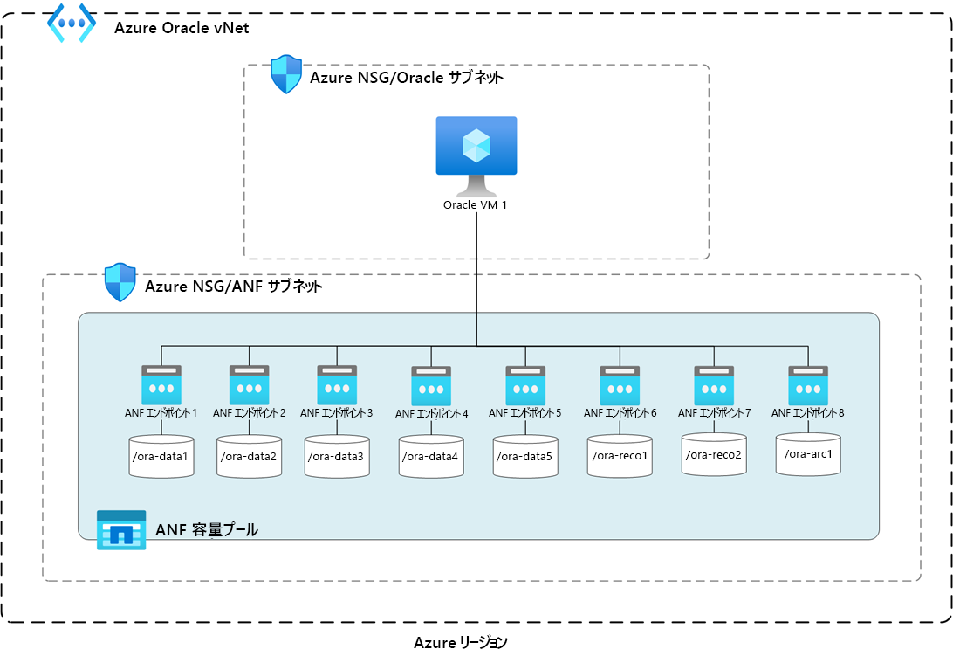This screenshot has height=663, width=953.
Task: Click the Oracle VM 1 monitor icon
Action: coord(476,155)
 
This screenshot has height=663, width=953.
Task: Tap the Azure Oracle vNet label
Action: coord(182,28)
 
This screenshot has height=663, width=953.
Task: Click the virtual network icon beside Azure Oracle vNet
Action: coord(72,23)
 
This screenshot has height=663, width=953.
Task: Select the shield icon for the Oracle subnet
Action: coord(286,74)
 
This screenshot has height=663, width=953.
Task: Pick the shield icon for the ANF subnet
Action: coord(120,282)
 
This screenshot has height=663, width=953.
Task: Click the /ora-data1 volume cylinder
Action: coord(161,456)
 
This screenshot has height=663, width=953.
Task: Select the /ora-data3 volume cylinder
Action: coord(337,456)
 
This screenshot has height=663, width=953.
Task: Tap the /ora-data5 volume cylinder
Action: coord(525,456)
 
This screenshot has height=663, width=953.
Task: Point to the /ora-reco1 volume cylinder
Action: coord(620,456)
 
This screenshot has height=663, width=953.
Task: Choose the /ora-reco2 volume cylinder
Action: coord(714,454)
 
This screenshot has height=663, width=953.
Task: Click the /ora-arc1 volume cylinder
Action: coord(808,453)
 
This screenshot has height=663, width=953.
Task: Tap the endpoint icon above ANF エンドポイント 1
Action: coord(161,385)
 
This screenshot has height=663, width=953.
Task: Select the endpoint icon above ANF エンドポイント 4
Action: coord(431,386)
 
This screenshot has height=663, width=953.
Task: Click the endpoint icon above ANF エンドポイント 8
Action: coord(808,385)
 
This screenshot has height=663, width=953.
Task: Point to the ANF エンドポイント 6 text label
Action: coord(620,413)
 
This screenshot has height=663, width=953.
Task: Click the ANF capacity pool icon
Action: coord(121,530)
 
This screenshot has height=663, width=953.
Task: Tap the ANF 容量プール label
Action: coord(207,530)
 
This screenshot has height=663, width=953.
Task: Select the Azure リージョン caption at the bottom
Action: coord(461,642)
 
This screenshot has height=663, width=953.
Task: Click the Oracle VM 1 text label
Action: coord(475,205)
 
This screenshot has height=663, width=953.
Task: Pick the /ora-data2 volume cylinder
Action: coord(250,456)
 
